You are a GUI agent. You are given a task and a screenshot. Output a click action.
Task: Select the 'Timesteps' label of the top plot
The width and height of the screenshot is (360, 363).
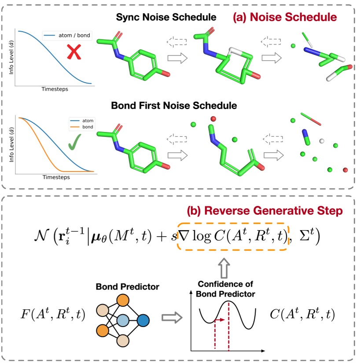(55, 89)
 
